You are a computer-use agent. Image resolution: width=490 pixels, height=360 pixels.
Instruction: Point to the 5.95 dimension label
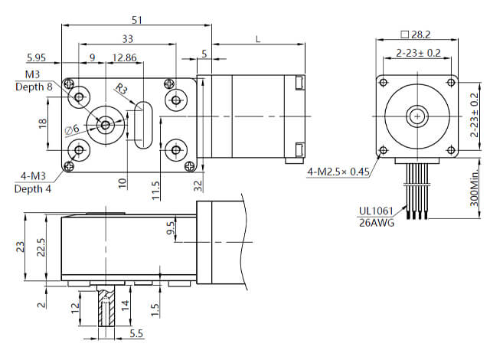(40, 57)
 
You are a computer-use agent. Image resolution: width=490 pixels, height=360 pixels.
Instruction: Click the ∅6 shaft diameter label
(73, 128)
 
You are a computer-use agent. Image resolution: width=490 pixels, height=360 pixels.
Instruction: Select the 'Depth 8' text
(34, 87)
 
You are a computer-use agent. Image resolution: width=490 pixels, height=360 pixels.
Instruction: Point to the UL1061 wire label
(376, 211)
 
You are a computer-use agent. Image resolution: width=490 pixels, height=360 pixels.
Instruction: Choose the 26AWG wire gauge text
(375, 223)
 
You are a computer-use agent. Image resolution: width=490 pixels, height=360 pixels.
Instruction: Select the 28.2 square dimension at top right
(417, 35)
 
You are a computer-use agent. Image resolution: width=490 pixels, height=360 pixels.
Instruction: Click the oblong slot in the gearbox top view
(143, 124)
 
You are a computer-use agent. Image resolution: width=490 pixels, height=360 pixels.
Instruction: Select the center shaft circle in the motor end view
(417, 116)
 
